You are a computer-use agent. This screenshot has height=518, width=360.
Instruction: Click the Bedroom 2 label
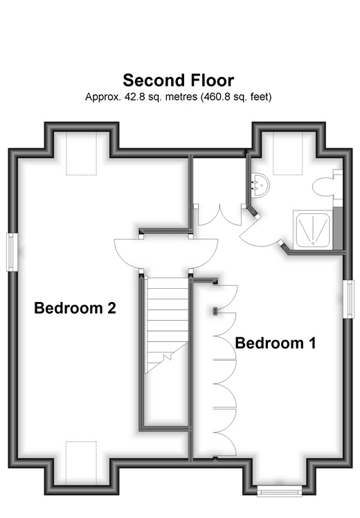click(x=75, y=307)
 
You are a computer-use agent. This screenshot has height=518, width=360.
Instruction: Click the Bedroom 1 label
click(x=276, y=343)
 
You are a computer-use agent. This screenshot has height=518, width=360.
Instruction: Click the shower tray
click(x=314, y=229)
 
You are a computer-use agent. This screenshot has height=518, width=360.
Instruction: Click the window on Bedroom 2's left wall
click(x=11, y=252)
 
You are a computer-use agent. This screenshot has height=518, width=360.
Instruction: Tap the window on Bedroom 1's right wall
click(x=349, y=299)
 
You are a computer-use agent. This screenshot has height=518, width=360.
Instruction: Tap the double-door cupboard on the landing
click(x=220, y=215)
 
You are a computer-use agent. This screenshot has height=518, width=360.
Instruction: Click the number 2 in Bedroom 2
click(x=111, y=307)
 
